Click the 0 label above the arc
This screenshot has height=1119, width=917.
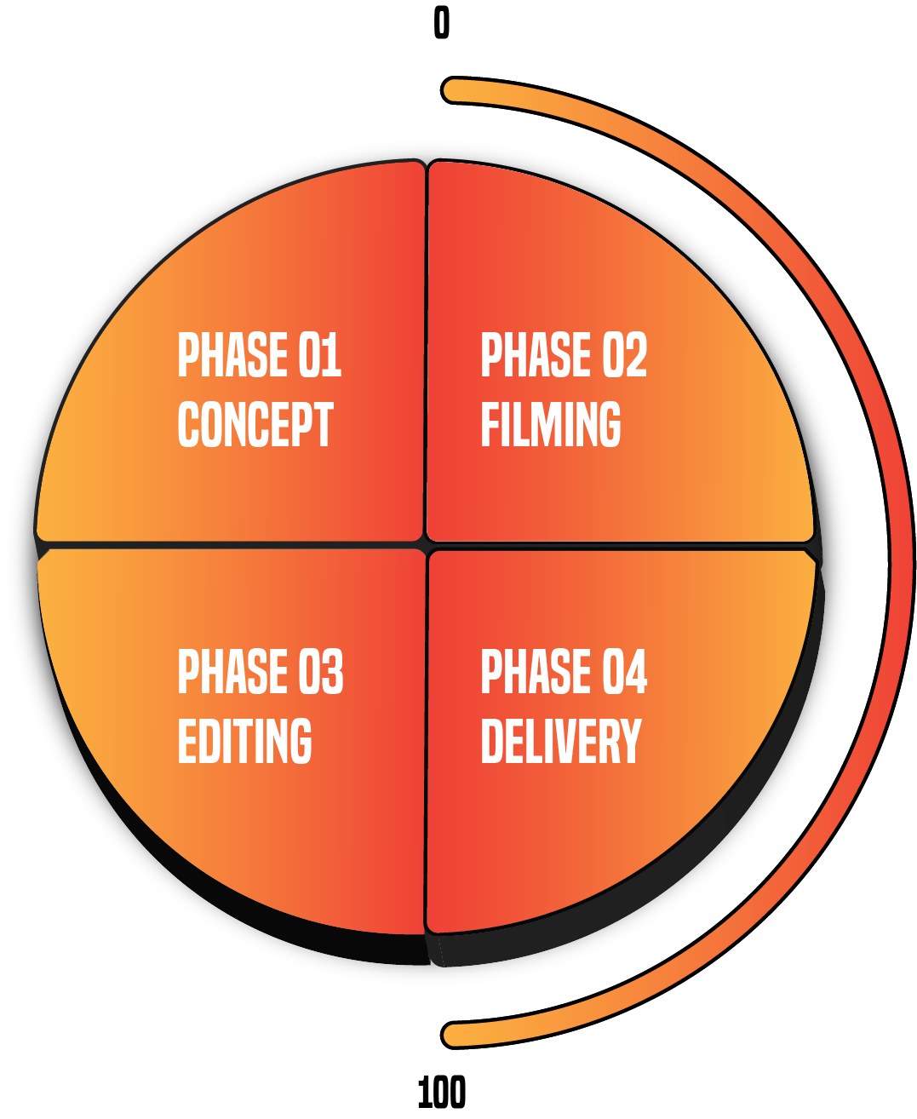tap(441, 23)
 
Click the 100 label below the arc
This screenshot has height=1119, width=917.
tap(441, 1093)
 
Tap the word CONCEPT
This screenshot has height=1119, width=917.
tap(255, 424)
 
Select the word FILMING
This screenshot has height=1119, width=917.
tap(551, 424)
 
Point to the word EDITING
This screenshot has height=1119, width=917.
tap(245, 741)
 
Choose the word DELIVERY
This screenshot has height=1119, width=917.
tap(561, 741)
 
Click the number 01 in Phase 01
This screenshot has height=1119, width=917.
tap(320, 355)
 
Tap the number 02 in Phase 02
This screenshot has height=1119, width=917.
tap(625, 355)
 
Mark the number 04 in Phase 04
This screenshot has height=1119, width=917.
tap(625, 672)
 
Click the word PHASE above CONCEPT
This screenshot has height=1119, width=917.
tap(232, 355)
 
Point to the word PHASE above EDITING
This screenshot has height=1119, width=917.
tap(232, 672)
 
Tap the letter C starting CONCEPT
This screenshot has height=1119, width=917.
tap(188, 424)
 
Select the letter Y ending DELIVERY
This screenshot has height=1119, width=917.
tap(631, 741)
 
